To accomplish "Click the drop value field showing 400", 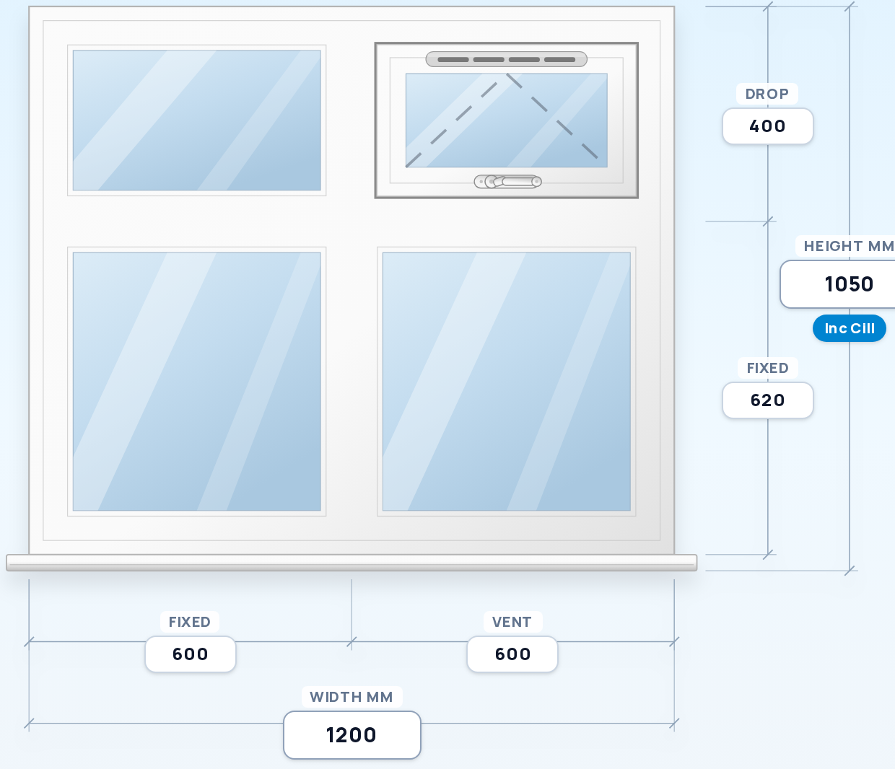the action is click(768, 126).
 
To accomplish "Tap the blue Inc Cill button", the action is click(849, 328).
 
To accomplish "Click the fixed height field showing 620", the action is click(768, 400).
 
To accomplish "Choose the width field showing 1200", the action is click(352, 735).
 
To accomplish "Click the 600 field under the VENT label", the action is click(512, 654).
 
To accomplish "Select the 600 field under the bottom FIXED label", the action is click(191, 654).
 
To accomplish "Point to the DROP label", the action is click(767, 94).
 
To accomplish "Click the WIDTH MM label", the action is click(352, 697).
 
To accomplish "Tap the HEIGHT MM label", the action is click(849, 246).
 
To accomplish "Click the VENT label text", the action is click(512, 622).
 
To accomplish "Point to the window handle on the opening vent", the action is click(508, 182).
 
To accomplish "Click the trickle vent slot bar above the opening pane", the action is click(507, 59).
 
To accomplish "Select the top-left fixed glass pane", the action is click(197, 120).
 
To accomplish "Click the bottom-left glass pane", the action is click(197, 382).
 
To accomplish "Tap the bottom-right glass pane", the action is click(507, 382).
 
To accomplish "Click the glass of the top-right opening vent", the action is click(507, 120).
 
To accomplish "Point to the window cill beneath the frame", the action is click(352, 563).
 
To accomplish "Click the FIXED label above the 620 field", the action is click(768, 368).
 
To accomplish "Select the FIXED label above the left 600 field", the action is click(190, 622).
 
